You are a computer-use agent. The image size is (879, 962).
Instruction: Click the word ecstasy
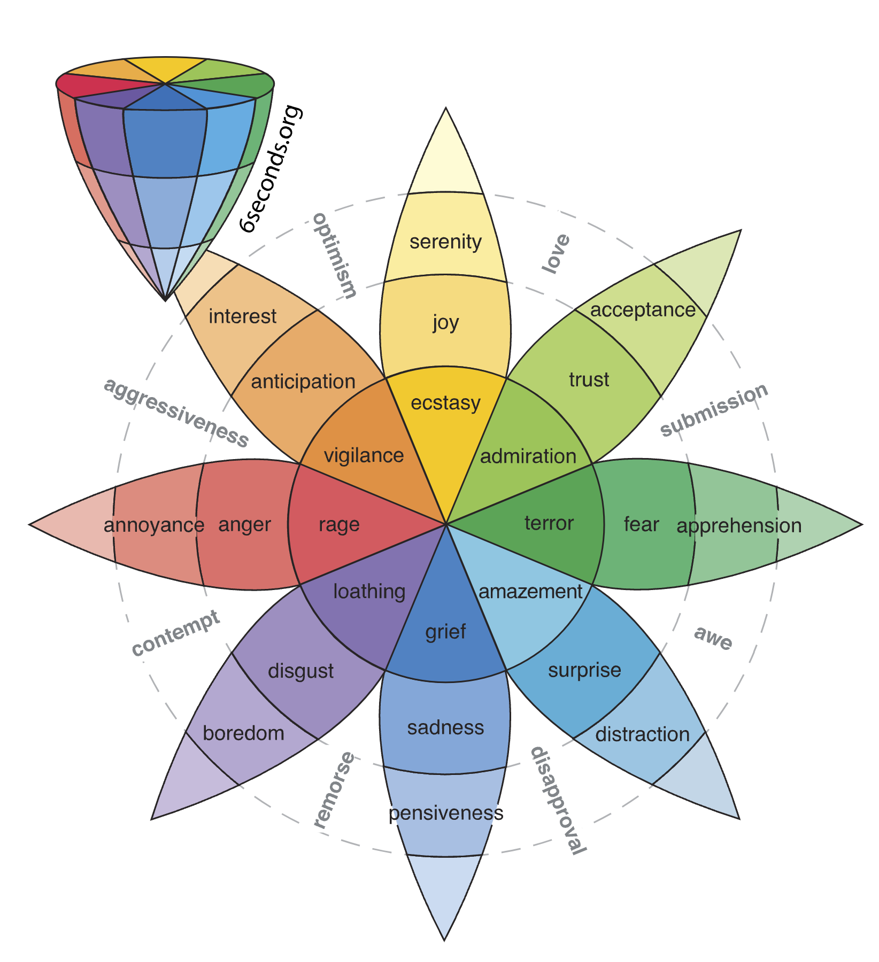tap(445, 402)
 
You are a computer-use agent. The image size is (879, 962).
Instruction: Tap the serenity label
tap(445, 242)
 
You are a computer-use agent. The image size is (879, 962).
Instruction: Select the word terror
tap(549, 523)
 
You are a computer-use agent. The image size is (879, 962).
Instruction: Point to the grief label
tap(445, 632)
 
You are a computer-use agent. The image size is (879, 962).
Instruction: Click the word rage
tap(339, 524)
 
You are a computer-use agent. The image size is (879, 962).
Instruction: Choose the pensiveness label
tap(445, 813)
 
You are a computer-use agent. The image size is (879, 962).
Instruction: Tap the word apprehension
tap(739, 526)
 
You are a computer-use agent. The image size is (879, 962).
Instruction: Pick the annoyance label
tap(154, 525)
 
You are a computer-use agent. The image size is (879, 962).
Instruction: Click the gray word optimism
tap(335, 255)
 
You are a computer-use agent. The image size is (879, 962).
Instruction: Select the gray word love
tap(556, 254)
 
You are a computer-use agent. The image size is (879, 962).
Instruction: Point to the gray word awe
tap(713, 638)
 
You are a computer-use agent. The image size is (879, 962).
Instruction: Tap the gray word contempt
tap(176, 633)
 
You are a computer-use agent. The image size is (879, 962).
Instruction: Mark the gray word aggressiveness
tap(176, 412)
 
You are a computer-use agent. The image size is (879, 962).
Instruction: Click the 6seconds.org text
tap(271, 169)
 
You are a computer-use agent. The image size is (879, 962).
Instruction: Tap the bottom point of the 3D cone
tap(166, 300)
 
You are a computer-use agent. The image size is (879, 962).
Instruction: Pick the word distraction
tap(642, 734)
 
